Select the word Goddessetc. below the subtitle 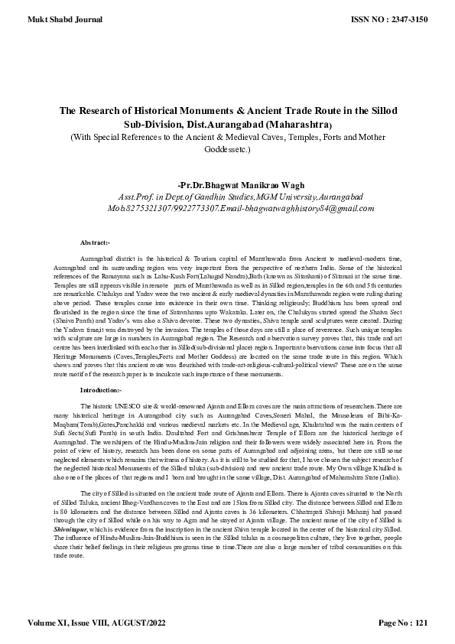tap(227, 150)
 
